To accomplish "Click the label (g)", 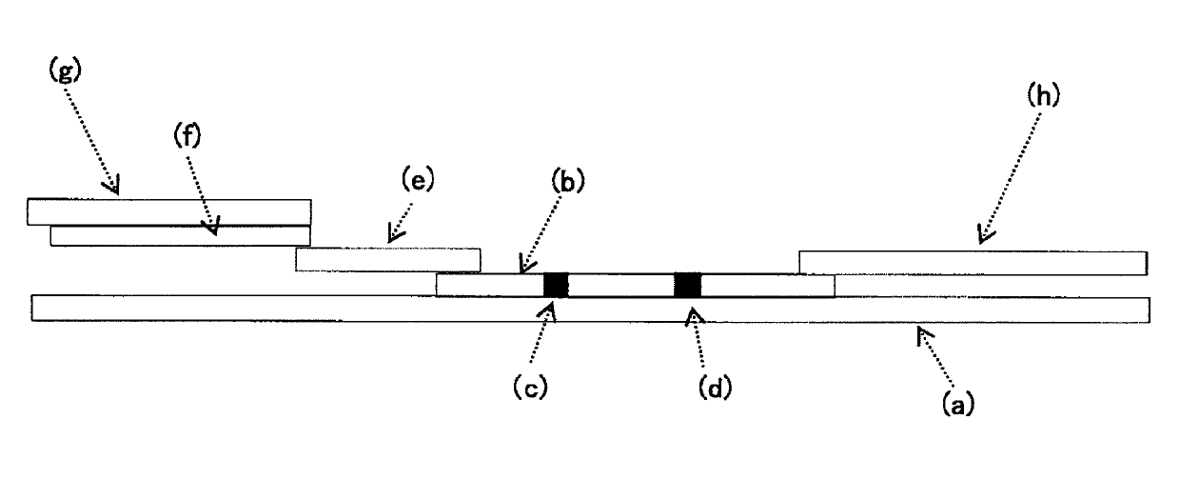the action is (x=66, y=70).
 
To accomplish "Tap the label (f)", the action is (x=187, y=136).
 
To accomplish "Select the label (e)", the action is (x=418, y=180).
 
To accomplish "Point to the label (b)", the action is (x=568, y=182).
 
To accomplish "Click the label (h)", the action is (x=1043, y=96).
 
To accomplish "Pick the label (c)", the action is (x=530, y=388).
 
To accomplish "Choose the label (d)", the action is (x=715, y=388).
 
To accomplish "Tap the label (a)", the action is (x=958, y=404).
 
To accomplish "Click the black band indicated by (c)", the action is (x=556, y=285).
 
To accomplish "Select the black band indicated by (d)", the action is (x=687, y=285).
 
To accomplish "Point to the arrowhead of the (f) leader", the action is (x=213, y=227).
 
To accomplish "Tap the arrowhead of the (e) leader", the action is (x=393, y=234).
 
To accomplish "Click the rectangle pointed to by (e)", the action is (x=388, y=259).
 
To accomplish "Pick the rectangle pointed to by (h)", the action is (x=973, y=263).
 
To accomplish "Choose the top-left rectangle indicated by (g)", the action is (x=169, y=212).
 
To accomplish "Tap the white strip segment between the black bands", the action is (x=621, y=285).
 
